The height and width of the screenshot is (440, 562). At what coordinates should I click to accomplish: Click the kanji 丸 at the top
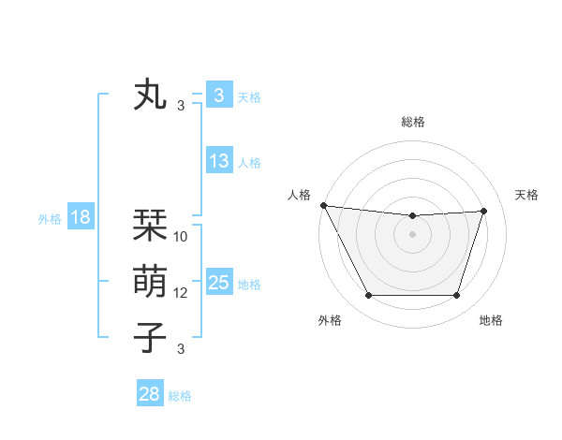(150, 95)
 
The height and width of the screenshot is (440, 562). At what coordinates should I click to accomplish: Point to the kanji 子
(150, 337)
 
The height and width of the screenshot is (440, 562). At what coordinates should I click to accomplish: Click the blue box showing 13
(219, 160)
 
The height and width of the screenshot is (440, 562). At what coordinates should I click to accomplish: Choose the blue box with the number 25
(219, 283)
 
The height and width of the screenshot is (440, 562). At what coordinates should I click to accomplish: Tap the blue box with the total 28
(150, 394)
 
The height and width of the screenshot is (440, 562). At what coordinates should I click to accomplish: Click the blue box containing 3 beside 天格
(219, 95)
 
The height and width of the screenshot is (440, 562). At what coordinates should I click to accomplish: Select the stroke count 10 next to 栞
(181, 237)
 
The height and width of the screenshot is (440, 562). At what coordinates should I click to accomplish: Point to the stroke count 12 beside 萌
(181, 293)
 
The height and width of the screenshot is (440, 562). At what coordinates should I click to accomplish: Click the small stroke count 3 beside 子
(181, 349)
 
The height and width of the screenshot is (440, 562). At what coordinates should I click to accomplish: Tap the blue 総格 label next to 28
(180, 396)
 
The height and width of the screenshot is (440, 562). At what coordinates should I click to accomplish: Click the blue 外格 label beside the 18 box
(50, 219)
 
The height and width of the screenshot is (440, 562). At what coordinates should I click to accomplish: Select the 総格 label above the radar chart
(413, 122)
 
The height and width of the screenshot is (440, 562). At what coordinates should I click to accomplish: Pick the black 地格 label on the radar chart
(491, 320)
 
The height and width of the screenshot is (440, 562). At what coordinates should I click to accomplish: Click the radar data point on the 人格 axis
(323, 205)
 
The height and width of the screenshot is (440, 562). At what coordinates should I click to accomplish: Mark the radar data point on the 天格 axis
(484, 211)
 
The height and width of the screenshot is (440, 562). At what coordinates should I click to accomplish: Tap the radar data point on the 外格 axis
(368, 296)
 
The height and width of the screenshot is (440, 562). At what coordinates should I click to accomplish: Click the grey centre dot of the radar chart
(413, 234)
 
